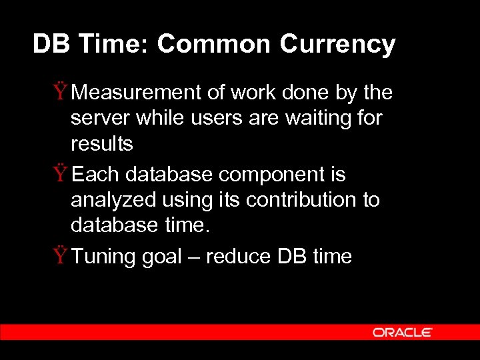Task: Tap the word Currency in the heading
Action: (x=337, y=45)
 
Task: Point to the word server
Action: (x=100, y=119)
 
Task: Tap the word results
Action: (x=102, y=143)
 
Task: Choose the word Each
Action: (x=96, y=175)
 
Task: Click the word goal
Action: (x=162, y=257)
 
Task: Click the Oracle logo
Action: (x=402, y=332)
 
